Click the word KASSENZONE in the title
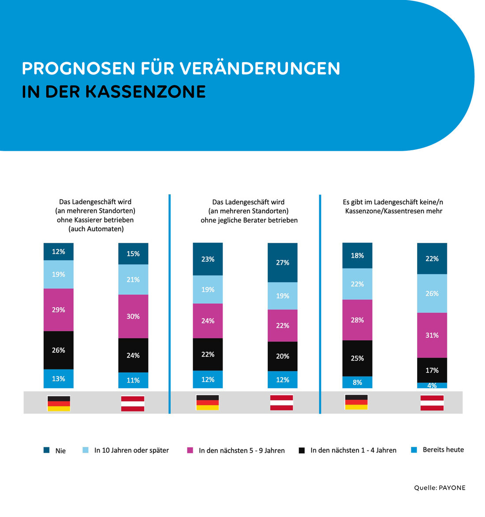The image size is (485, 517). click(145, 92)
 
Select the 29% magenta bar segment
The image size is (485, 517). click(59, 310)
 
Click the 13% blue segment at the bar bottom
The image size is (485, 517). click(59, 379)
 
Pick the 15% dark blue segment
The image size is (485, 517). click(133, 254)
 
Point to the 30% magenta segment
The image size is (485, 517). click(133, 316)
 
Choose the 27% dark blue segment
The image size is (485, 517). click(283, 263)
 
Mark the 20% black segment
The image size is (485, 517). click(283, 356)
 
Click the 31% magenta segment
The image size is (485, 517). click(432, 335)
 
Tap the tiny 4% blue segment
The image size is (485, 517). click(432, 386)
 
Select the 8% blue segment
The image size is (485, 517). click(357, 382)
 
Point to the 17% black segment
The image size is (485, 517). click(432, 370)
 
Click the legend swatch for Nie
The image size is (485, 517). click(47, 450)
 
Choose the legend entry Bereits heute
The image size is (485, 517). click(443, 450)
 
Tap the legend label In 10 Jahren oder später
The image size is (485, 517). click(131, 450)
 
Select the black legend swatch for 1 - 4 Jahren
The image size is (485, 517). click(302, 450)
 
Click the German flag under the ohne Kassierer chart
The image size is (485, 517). click(59, 403)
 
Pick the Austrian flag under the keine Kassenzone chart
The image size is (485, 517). click(432, 403)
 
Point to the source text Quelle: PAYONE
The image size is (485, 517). click(440, 487)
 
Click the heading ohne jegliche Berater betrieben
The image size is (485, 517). click(249, 220)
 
